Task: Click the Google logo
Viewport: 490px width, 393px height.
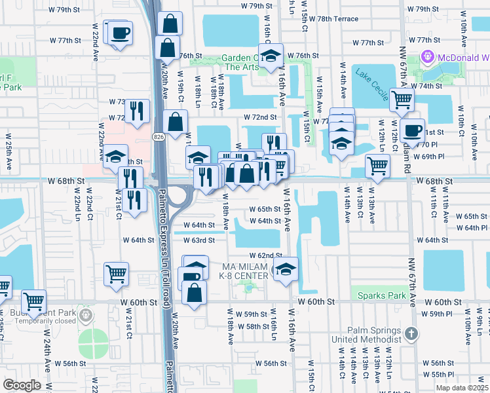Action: pyautogui.click(x=22, y=385)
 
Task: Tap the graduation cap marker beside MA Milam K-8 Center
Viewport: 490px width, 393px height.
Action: pyautogui.click(x=286, y=269)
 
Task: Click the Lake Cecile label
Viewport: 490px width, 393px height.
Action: pyautogui.click(x=372, y=81)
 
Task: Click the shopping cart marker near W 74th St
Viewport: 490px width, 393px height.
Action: pyautogui.click(x=402, y=100)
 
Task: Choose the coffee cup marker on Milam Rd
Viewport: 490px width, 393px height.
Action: pyautogui.click(x=412, y=130)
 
